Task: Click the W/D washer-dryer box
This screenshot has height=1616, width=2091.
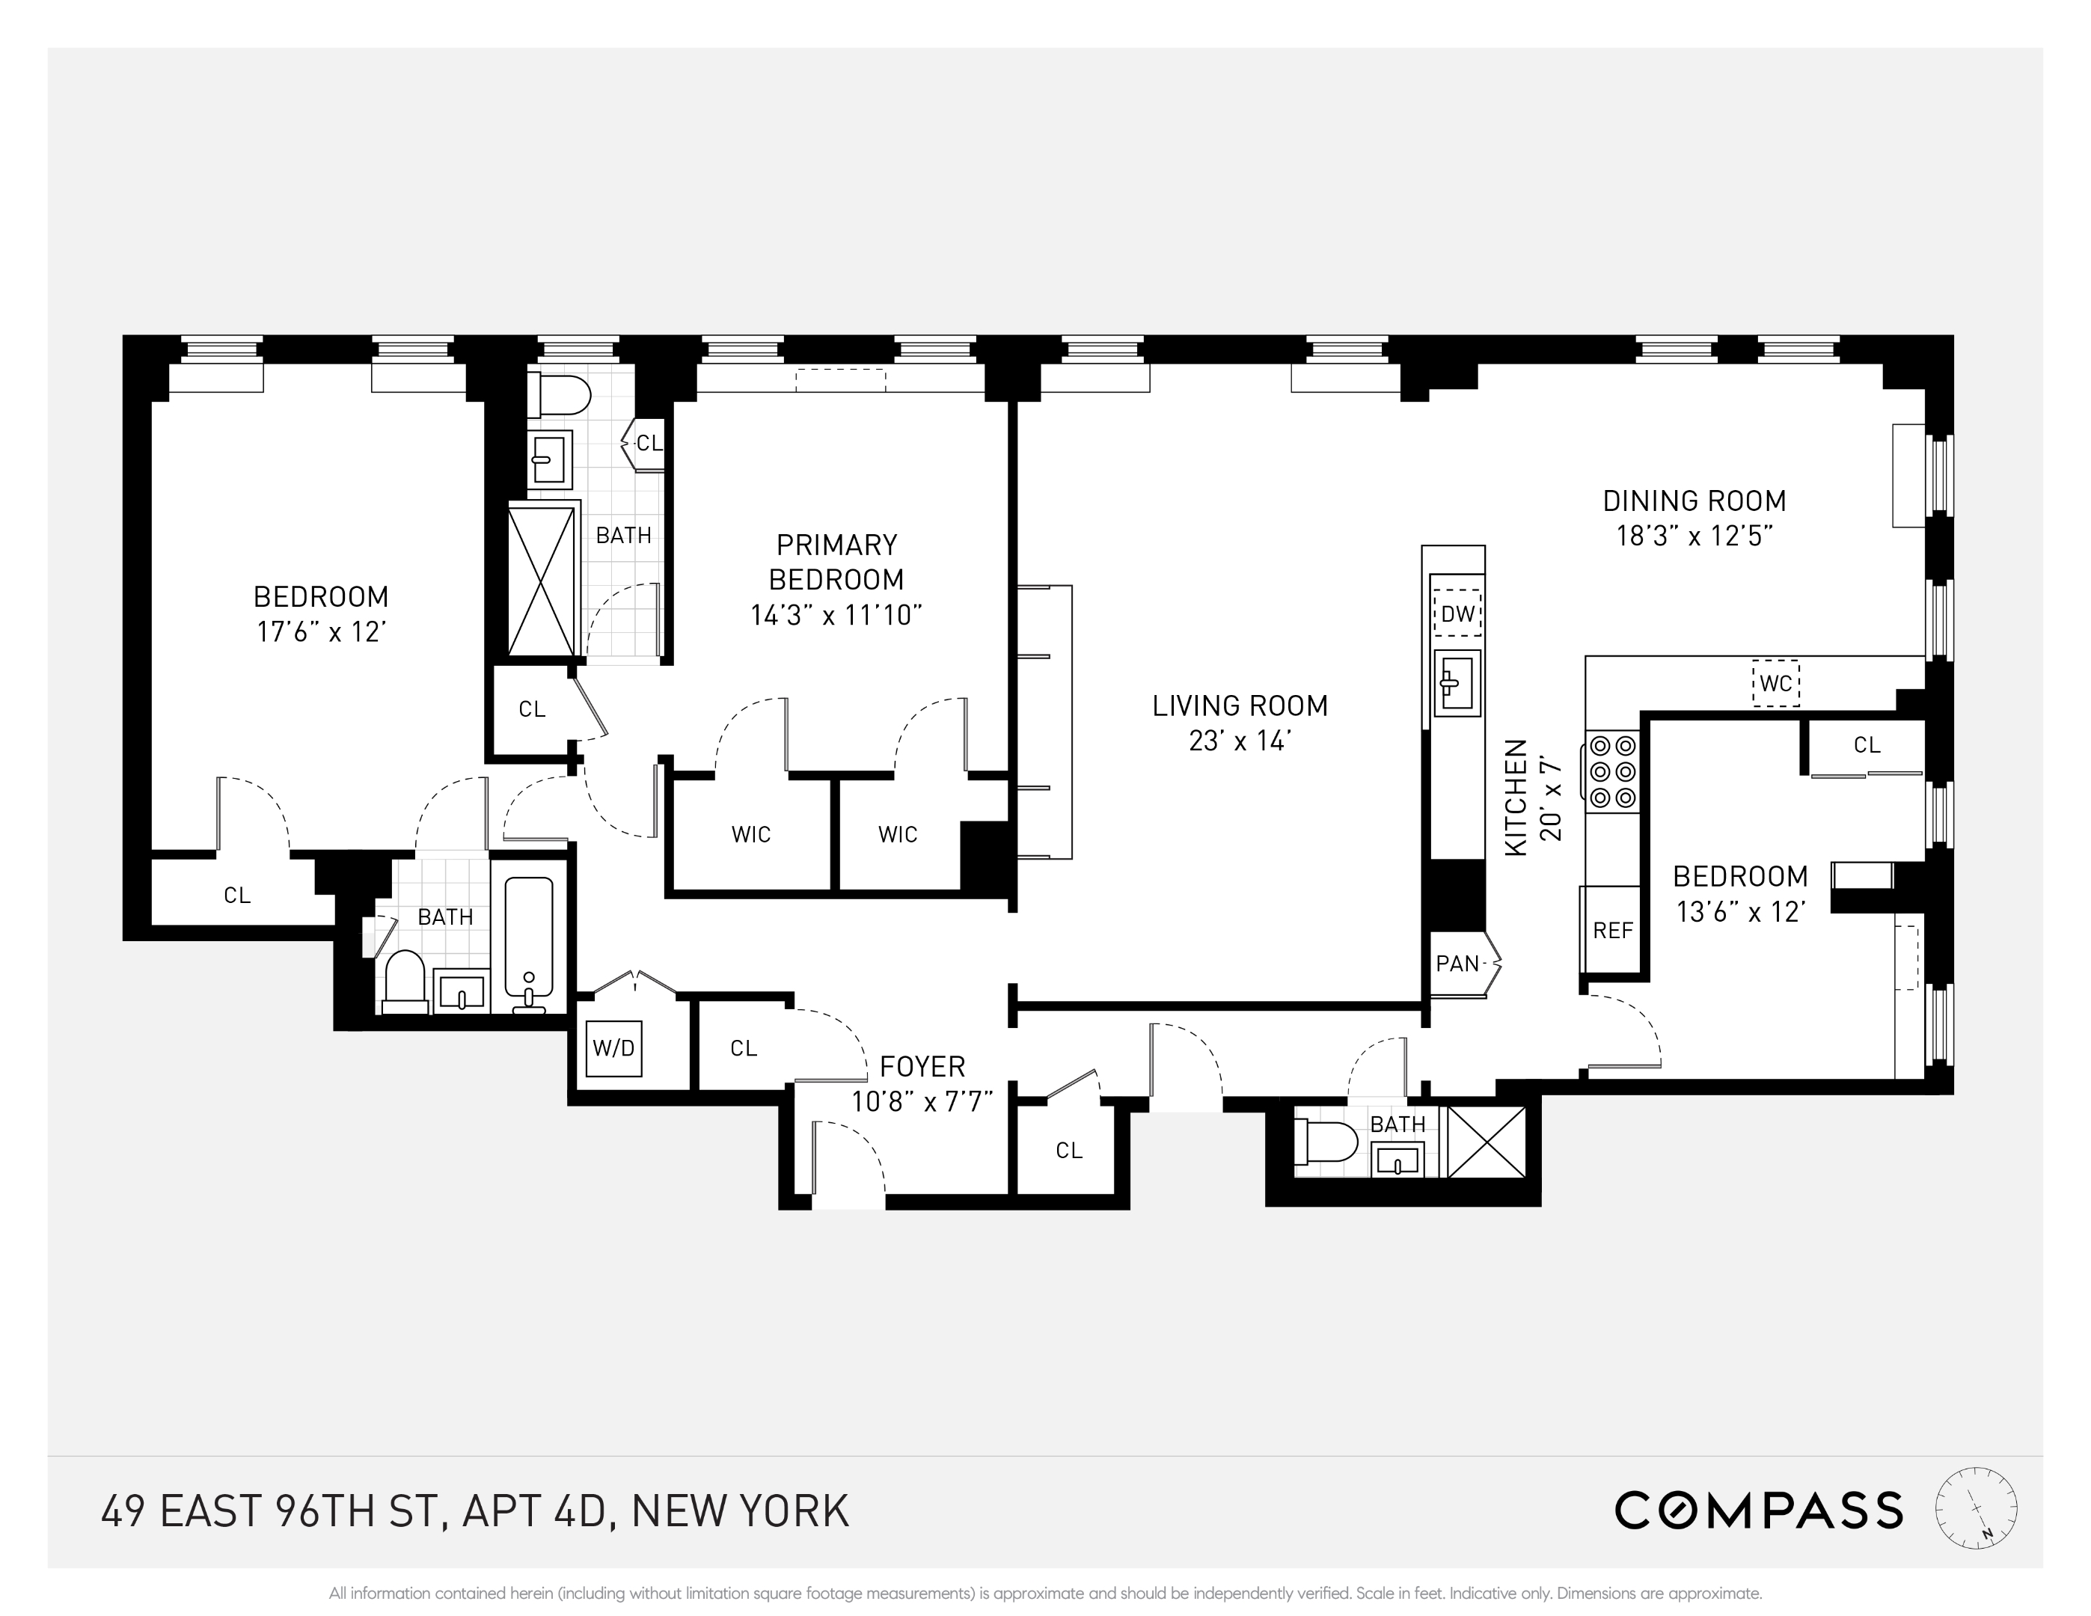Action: [x=613, y=1047]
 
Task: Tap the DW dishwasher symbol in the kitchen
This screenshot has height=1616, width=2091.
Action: [x=1457, y=613]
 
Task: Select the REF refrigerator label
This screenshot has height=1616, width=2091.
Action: [x=1613, y=930]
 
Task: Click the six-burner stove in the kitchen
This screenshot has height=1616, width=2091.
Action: [x=1613, y=771]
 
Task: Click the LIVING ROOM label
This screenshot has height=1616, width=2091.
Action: [x=1240, y=706]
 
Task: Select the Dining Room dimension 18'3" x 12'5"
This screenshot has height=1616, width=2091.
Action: [x=1694, y=536]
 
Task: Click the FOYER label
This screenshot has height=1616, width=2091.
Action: [x=922, y=1066]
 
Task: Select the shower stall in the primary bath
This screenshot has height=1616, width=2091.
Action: [x=542, y=580]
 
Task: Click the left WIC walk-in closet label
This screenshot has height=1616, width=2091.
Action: [x=750, y=835]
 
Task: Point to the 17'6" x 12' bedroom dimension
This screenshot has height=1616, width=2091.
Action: [x=321, y=633]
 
